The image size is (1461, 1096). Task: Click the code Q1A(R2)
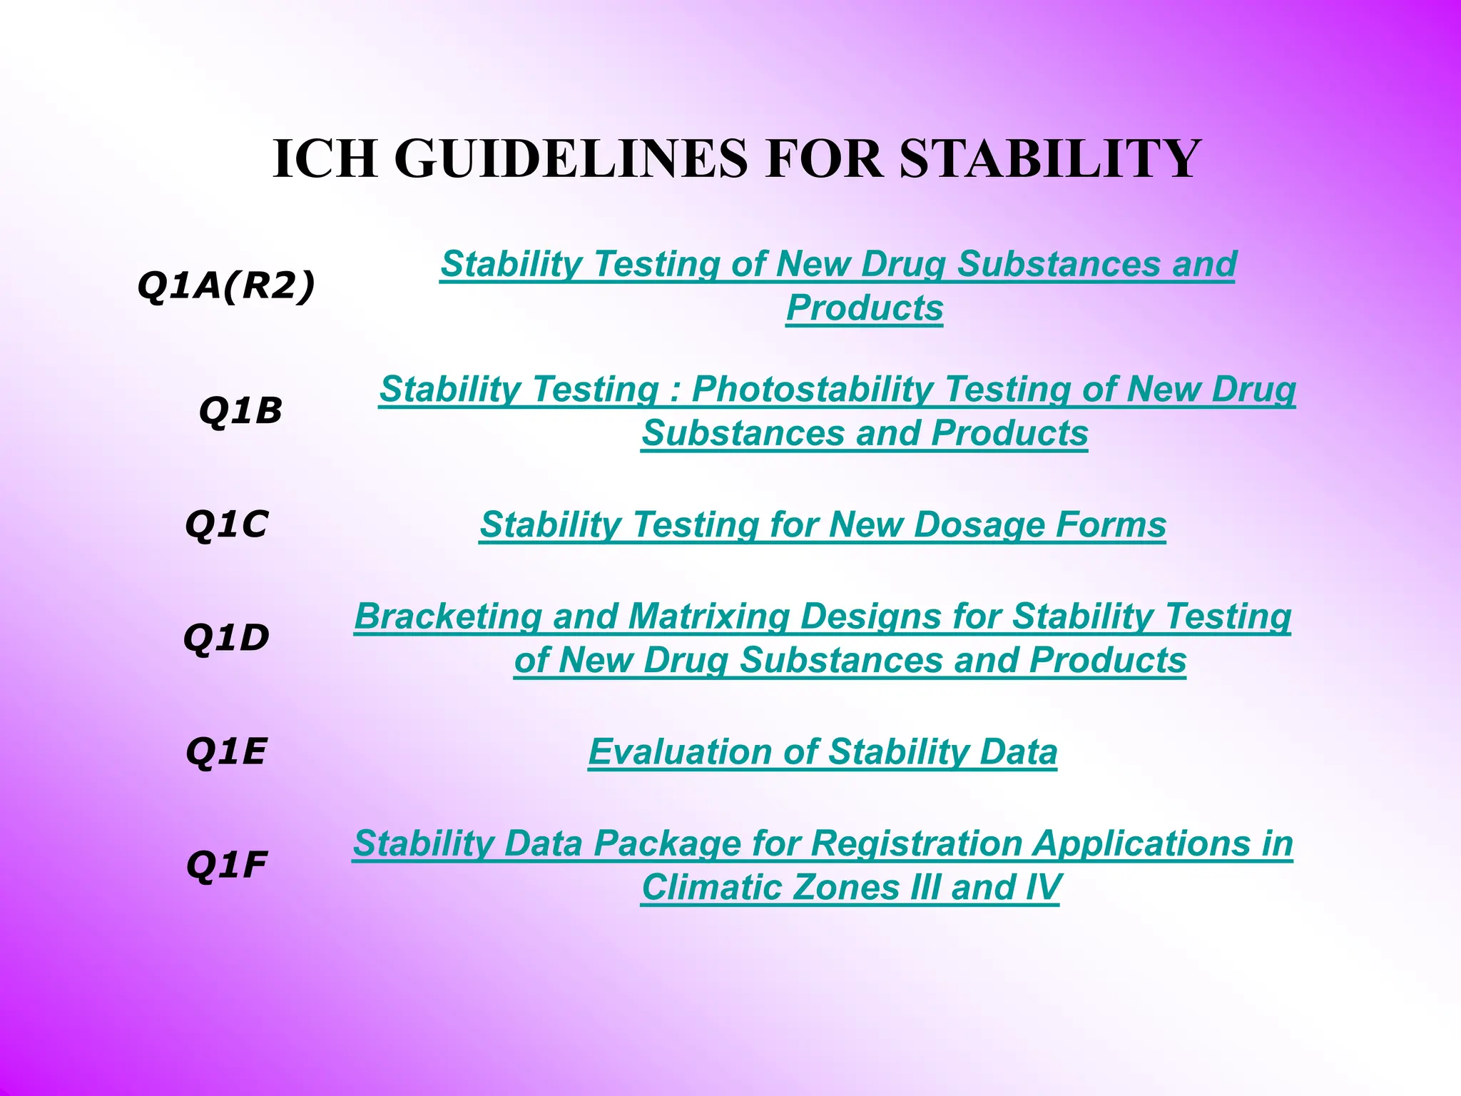[225, 287]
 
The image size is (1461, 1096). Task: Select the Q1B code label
[240, 411]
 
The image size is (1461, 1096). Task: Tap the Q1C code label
[226, 525]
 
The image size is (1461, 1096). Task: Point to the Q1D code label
[226, 637]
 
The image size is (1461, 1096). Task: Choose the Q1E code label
[226, 751]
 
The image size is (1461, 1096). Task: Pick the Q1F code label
[226, 866]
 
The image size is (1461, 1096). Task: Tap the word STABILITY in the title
[1050, 158]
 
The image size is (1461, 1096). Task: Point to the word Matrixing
[708, 616]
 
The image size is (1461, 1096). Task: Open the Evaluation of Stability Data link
[823, 752]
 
